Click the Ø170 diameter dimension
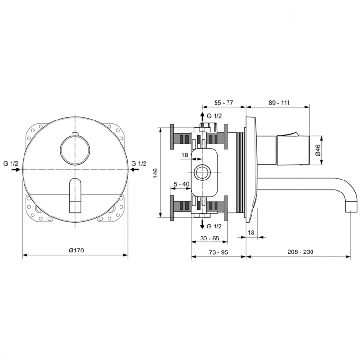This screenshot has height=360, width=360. point(76,250)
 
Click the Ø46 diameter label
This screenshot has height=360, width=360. point(317,152)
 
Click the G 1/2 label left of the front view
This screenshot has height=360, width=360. point(10,163)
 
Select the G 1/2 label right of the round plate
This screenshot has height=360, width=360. point(139,163)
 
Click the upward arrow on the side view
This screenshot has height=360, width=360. point(202,117)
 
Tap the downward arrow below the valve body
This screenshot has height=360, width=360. point(202,225)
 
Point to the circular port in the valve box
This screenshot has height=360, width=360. point(203,171)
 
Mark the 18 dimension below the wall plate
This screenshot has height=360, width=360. point(251,232)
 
